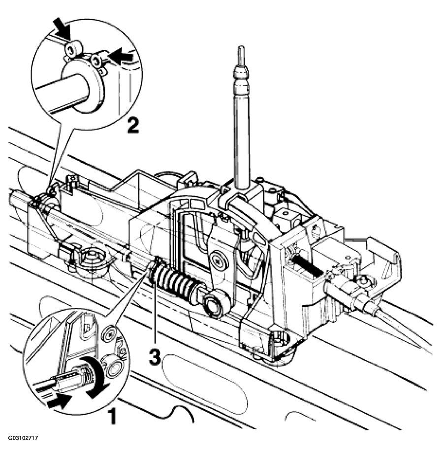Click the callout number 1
click(x=113, y=417)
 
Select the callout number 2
click(x=132, y=126)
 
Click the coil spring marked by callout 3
click(x=175, y=284)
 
